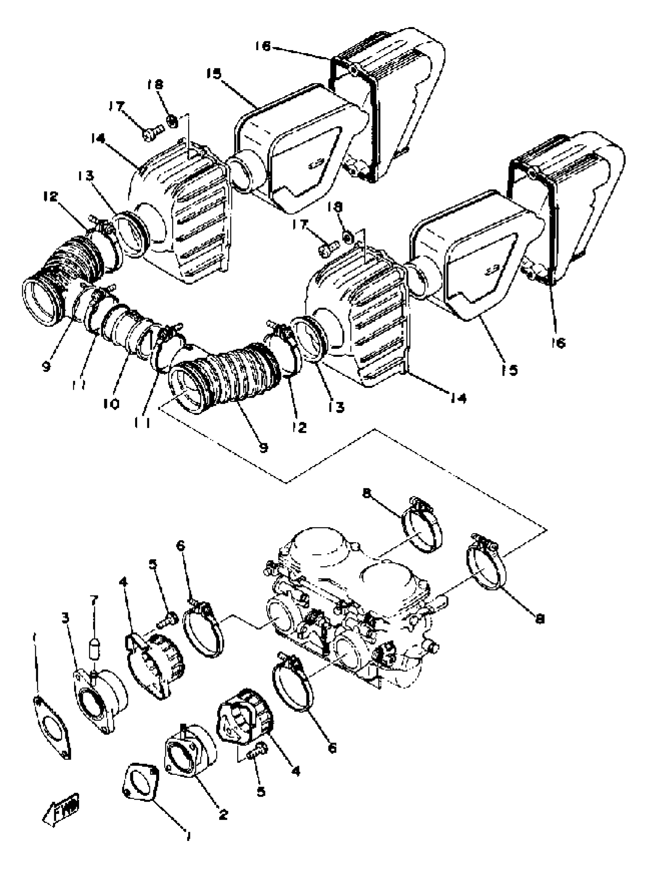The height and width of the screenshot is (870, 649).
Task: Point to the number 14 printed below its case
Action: tap(458, 398)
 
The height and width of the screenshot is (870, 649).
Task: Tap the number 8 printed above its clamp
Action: tap(366, 494)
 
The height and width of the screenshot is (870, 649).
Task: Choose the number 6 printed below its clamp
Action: tap(332, 748)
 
